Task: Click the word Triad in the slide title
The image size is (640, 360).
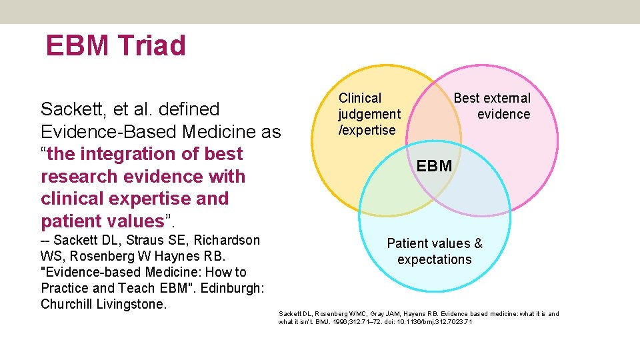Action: (152, 46)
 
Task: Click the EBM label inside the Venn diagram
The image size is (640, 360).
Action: (434, 166)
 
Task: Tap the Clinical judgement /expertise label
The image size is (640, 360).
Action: (369, 114)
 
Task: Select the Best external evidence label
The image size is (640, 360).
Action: (492, 106)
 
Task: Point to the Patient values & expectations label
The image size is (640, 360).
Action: (435, 251)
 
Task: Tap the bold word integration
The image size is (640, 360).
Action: (140, 154)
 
